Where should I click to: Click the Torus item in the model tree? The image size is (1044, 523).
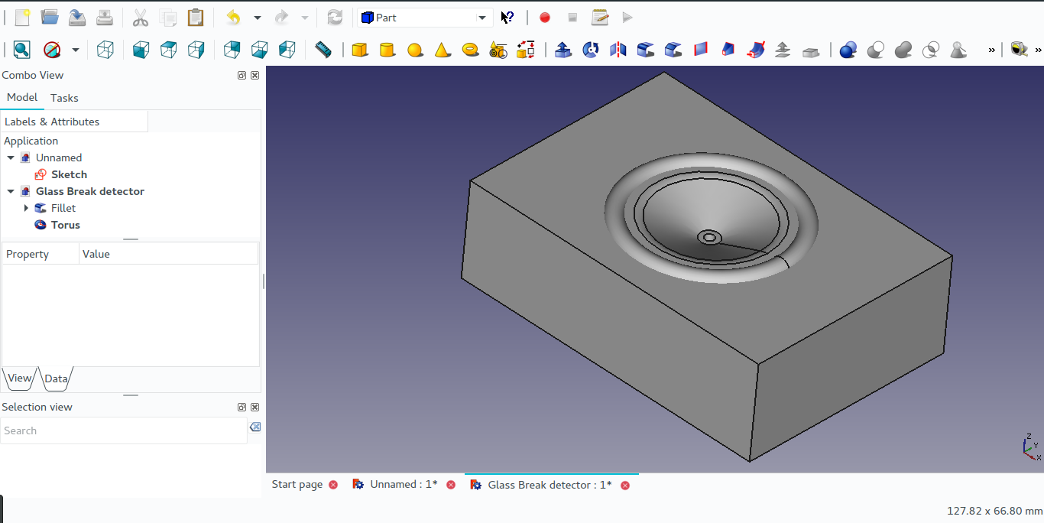click(65, 225)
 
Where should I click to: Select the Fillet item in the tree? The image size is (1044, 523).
click(63, 208)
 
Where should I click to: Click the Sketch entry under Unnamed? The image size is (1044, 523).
click(69, 174)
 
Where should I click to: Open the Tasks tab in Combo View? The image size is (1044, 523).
click(64, 98)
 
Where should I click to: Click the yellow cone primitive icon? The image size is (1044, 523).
click(443, 50)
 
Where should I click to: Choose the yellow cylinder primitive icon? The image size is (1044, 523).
click(387, 50)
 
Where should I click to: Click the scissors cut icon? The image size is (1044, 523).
click(141, 18)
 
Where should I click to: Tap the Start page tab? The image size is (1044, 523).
click(297, 484)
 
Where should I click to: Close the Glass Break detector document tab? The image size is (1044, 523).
click(625, 485)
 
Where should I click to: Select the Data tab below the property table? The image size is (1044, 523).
click(56, 378)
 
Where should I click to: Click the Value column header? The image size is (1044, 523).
click(96, 254)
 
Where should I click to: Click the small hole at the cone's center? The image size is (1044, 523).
click(709, 238)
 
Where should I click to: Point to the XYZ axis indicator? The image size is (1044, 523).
click(1032, 448)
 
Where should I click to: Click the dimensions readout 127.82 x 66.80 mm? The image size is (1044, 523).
click(994, 510)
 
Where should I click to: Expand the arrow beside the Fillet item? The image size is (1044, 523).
click(26, 208)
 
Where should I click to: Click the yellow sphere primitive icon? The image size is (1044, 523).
click(415, 50)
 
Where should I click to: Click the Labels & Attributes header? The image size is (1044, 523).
click(52, 122)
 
